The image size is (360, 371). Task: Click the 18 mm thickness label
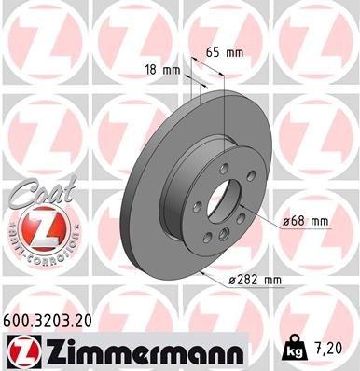click(162, 69)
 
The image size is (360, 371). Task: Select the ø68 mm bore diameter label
click(305, 221)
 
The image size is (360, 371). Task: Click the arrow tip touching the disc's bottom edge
click(201, 271)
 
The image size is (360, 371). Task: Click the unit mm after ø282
click(271, 279)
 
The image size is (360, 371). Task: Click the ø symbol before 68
click(286, 221)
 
